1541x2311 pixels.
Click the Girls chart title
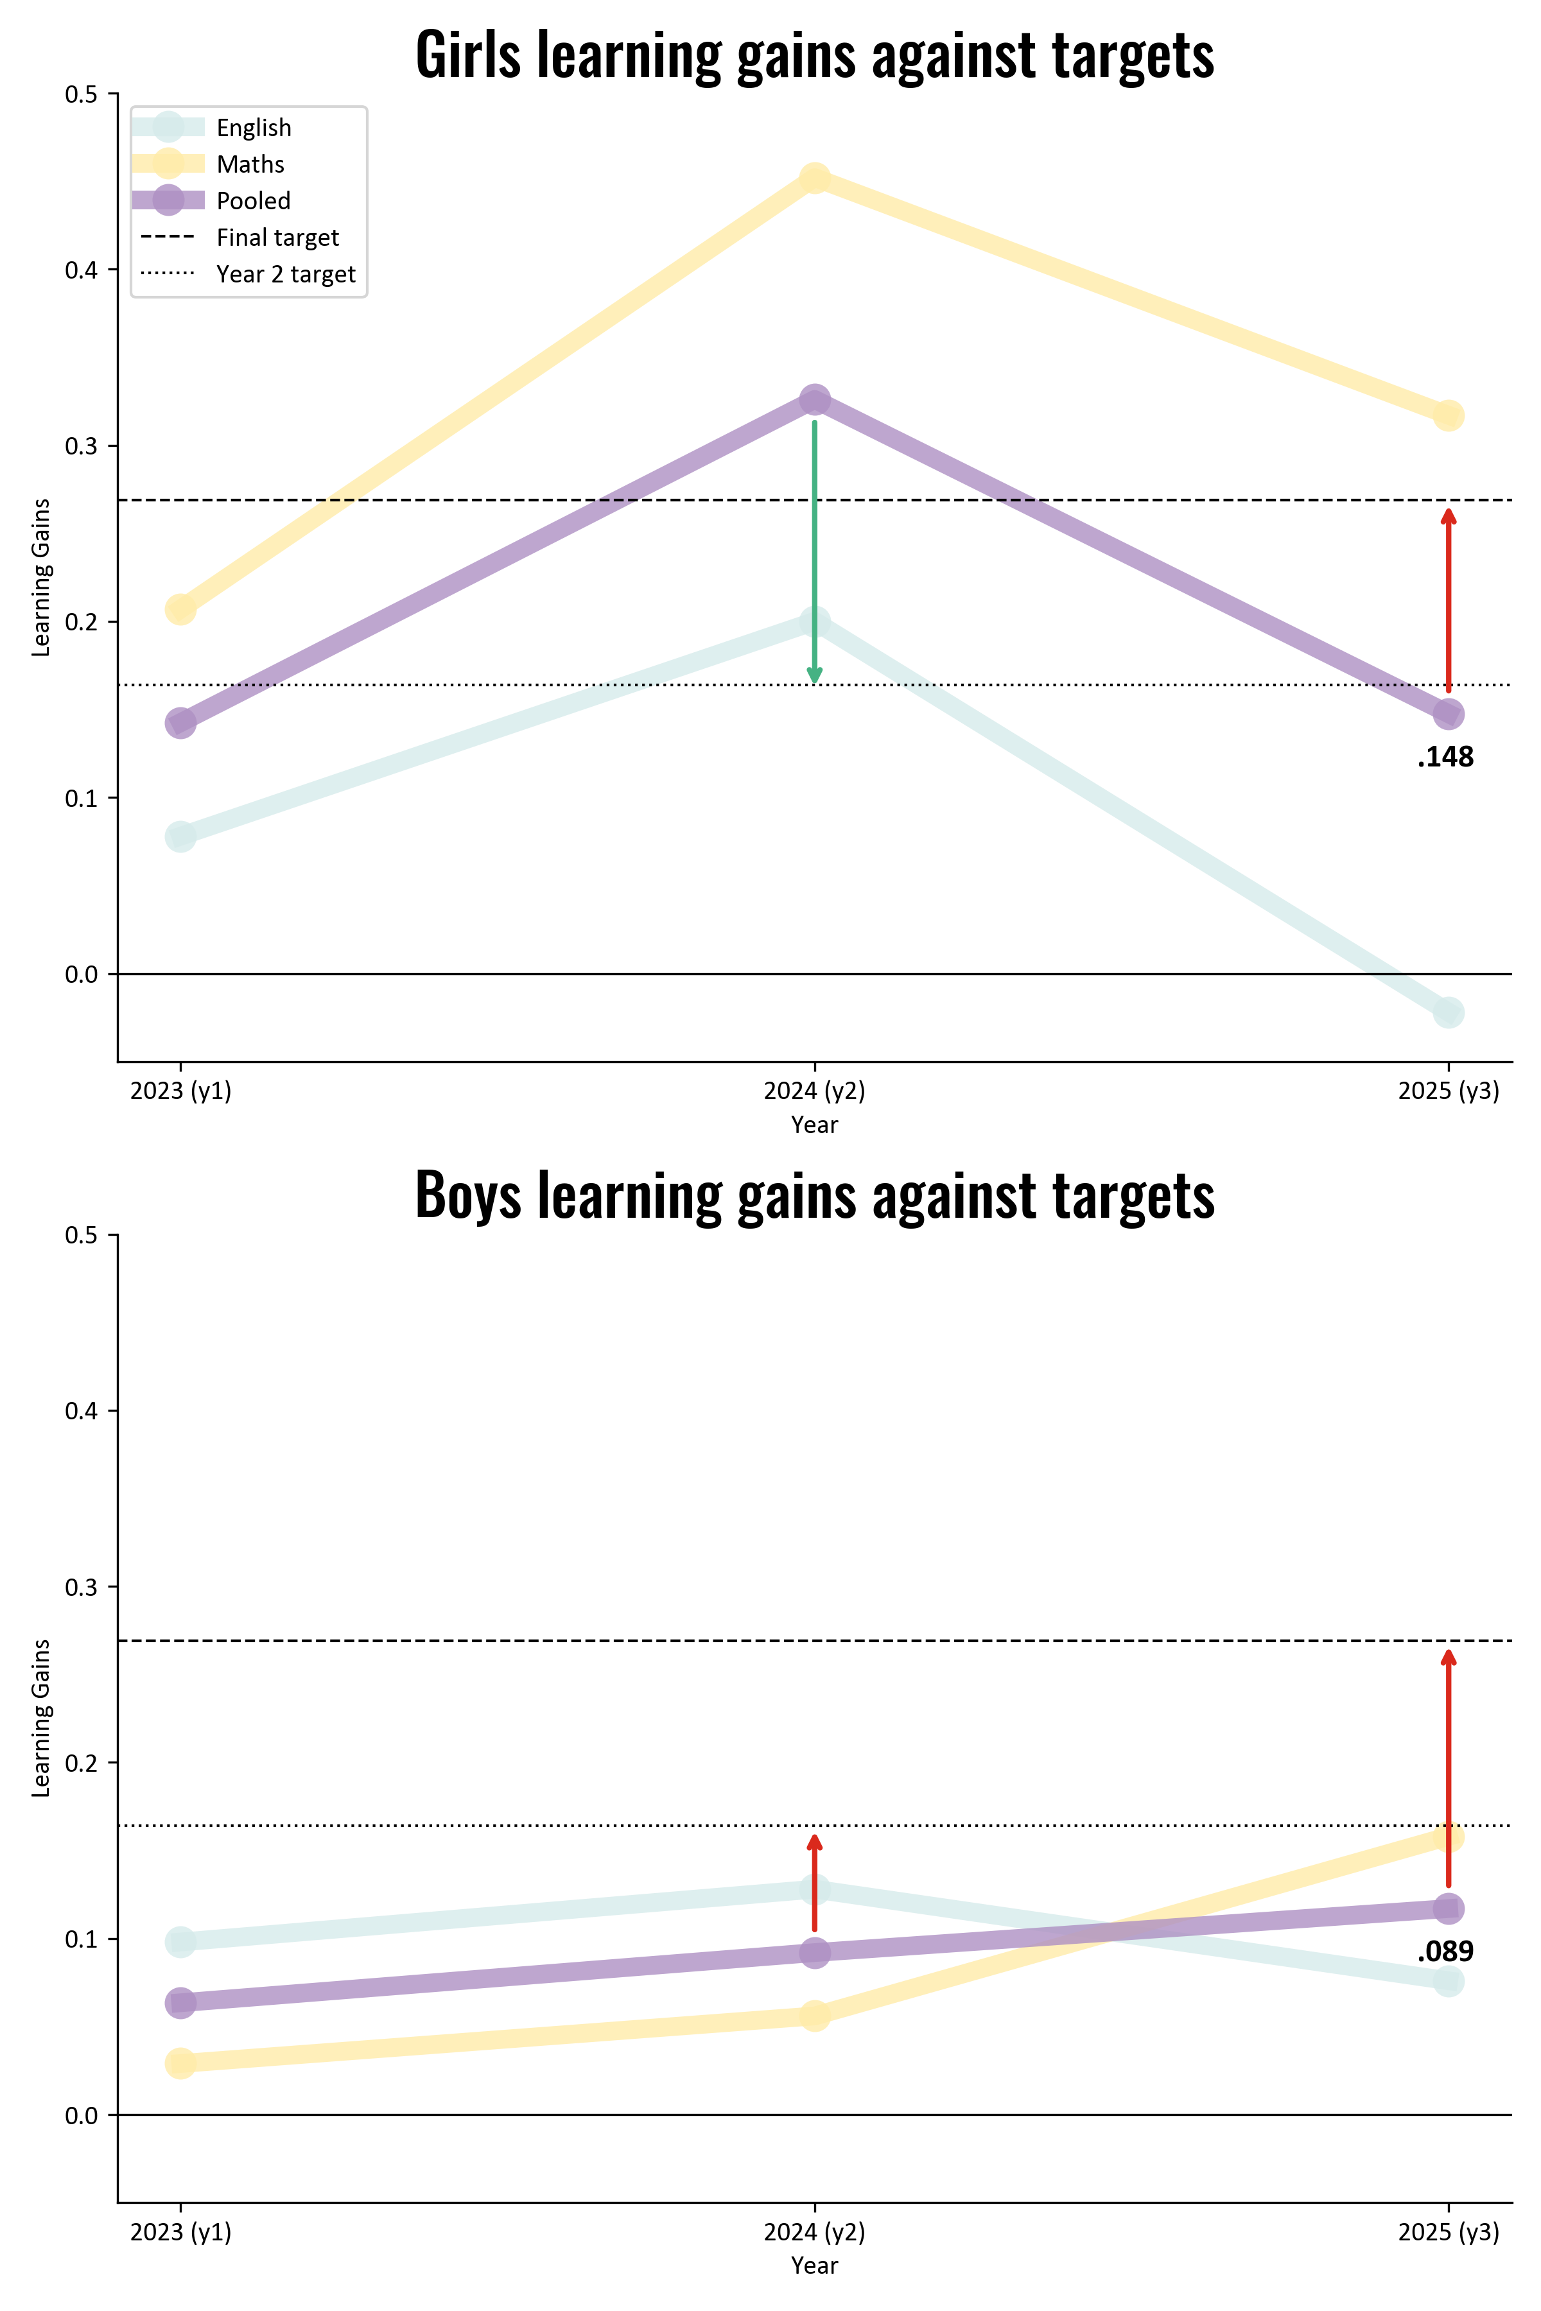tap(815, 55)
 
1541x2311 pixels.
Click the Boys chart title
tap(815, 1196)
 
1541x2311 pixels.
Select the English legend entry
tap(254, 128)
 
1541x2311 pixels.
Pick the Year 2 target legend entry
tap(285, 274)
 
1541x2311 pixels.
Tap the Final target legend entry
tap(277, 238)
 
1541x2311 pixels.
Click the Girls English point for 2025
tap(1448, 1012)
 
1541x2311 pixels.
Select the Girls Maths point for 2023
tap(180, 609)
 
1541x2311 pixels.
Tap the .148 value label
tap(1446, 757)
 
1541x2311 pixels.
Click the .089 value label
tap(1446, 1952)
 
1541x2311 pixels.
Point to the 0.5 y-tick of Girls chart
tap(82, 94)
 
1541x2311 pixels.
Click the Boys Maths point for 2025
tap(1448, 1837)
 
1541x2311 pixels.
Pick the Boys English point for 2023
tap(180, 1941)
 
